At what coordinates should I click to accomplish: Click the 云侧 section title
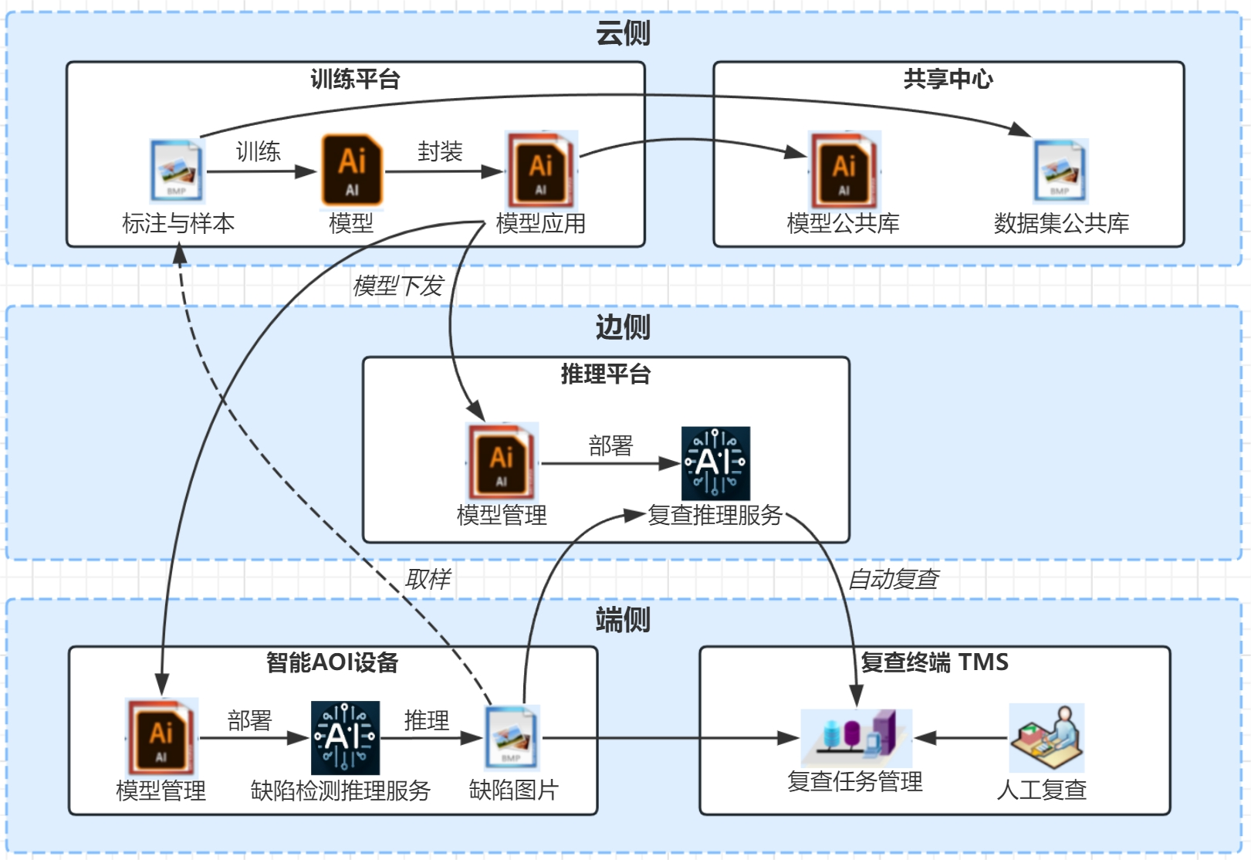point(623,33)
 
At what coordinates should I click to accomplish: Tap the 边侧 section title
point(623,327)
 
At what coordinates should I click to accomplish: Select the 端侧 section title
point(623,620)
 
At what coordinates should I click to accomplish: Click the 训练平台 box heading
point(355,79)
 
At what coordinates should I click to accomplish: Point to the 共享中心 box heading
point(948,79)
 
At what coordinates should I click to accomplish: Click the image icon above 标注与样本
point(177,171)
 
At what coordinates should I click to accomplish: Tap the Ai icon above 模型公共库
point(844,169)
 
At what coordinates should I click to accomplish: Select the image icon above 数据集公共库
point(1060,171)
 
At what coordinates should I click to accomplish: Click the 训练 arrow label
point(258,151)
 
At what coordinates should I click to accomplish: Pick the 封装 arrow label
point(440,151)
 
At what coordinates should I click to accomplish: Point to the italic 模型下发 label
point(397,286)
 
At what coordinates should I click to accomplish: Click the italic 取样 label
point(428,579)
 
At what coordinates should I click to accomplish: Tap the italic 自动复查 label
point(893,579)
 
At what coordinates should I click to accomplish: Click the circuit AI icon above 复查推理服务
point(715,463)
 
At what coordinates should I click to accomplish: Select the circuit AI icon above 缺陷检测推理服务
point(345,737)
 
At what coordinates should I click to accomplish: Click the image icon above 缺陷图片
point(512,737)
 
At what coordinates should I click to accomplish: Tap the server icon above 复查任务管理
point(857,736)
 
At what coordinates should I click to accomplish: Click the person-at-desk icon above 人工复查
point(1046,737)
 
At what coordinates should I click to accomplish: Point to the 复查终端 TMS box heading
point(934,662)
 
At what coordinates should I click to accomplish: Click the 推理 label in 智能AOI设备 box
point(426,720)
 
